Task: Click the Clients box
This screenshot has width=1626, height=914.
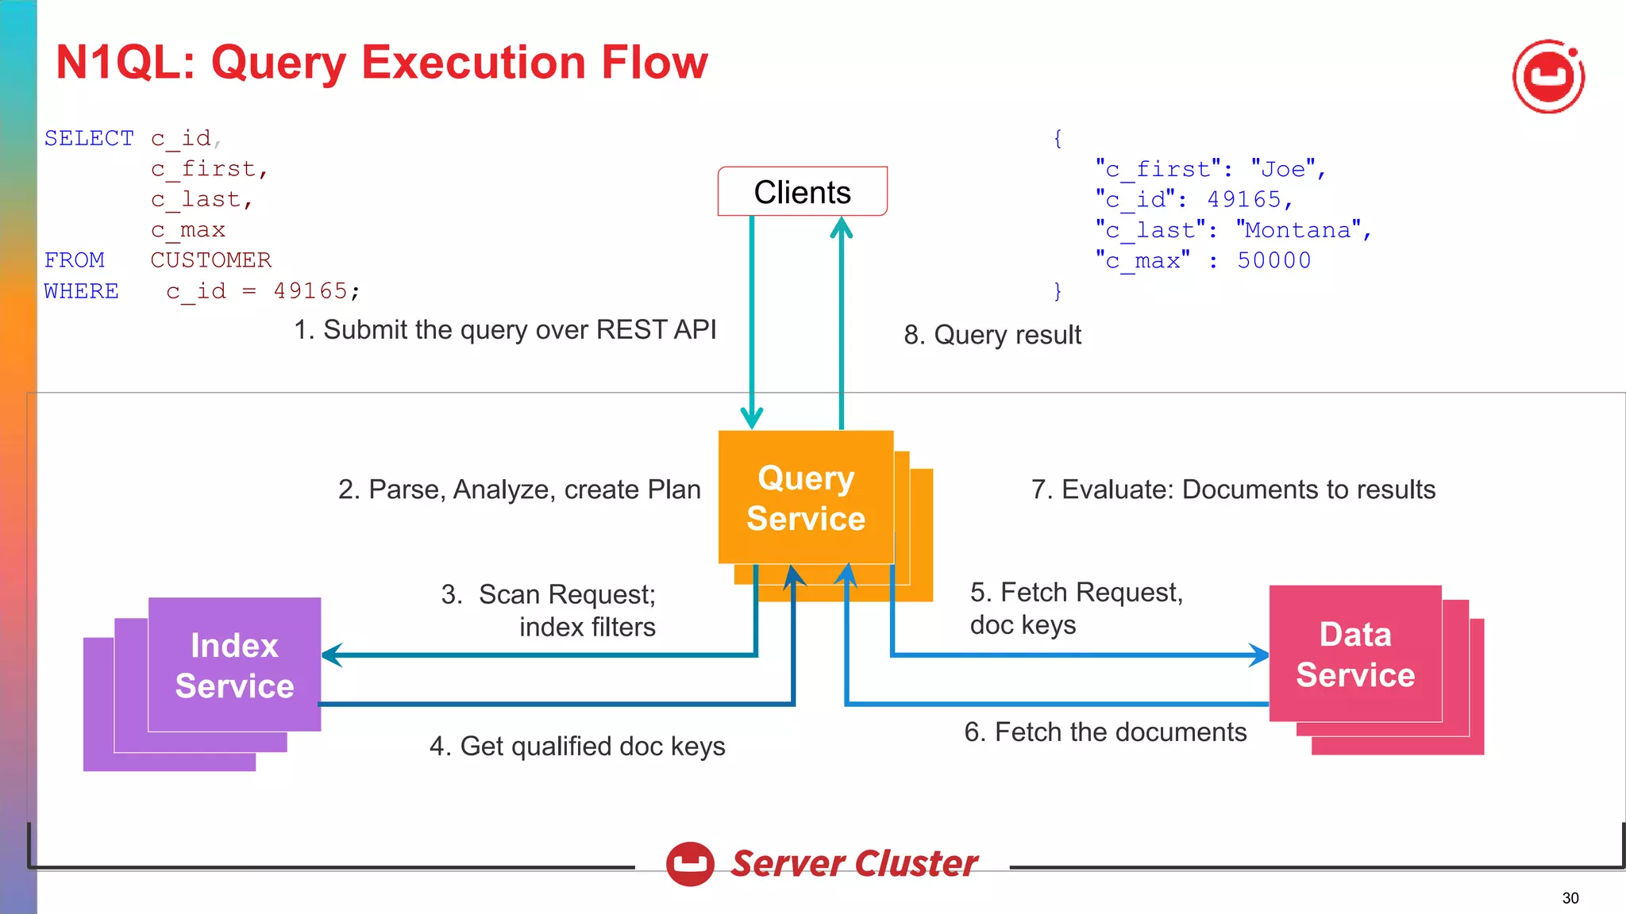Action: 802,191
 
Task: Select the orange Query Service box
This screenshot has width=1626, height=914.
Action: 805,497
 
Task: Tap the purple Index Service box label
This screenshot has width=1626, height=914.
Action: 234,666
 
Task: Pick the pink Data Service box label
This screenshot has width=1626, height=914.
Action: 1355,655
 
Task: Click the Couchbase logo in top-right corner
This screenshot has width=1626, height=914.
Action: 1548,77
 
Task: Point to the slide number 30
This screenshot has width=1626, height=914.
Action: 1570,898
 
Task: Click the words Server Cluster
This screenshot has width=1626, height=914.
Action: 853,863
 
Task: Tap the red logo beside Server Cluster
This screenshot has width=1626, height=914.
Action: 690,863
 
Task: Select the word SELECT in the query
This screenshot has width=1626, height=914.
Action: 89,138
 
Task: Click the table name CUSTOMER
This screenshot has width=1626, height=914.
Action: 210,260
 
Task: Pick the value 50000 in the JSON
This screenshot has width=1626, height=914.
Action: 1273,260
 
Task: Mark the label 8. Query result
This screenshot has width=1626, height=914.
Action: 992,335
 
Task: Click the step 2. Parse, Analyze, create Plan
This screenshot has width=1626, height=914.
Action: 519,490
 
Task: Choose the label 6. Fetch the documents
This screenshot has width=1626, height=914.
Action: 1105,732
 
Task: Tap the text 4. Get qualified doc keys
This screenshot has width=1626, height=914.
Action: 577,746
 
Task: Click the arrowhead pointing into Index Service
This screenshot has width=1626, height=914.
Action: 330,655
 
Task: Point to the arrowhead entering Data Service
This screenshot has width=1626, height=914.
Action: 1260,655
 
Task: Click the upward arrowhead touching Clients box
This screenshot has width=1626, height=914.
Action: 841,228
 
